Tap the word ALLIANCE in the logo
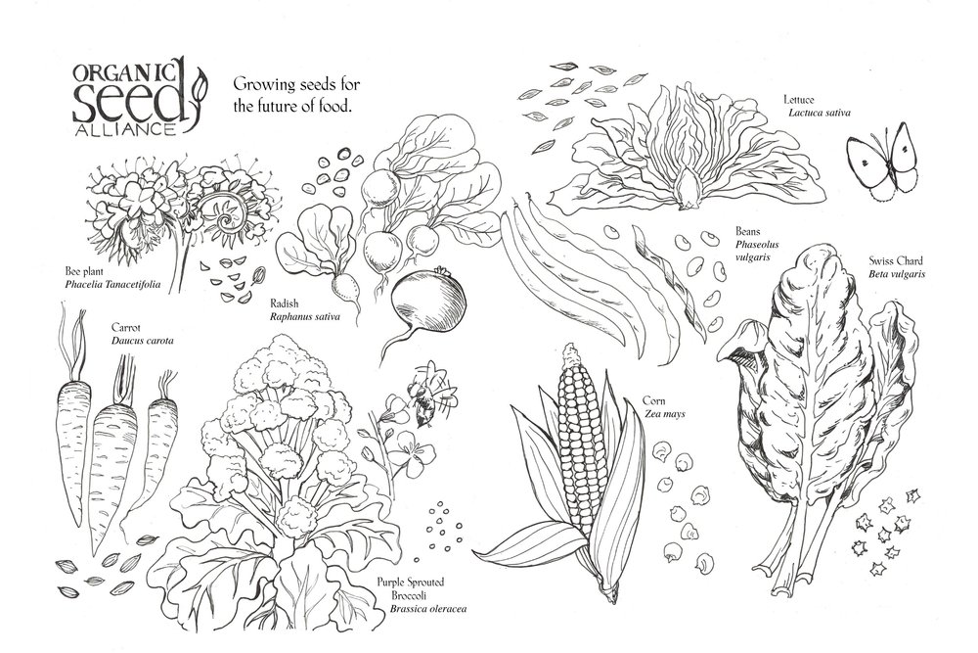point(124,130)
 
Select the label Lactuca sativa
point(819,113)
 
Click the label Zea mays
point(664,413)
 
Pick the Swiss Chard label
point(896,261)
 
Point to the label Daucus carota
point(142,341)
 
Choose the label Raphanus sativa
point(305,316)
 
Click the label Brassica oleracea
point(428,609)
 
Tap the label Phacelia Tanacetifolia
point(112,285)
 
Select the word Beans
point(748,232)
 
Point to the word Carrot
point(126,328)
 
